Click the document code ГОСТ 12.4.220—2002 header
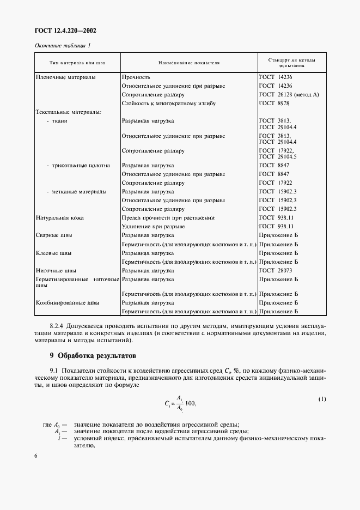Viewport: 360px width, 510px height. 62,31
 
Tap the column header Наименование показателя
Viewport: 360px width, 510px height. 188,63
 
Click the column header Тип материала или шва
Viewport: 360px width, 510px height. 77,63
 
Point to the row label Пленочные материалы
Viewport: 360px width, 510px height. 65,77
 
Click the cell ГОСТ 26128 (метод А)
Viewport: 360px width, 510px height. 289,94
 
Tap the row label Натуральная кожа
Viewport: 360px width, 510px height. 59,217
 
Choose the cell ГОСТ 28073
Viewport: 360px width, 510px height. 276,270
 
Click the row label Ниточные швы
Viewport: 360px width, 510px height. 56,270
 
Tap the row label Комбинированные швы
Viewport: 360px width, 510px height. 67,302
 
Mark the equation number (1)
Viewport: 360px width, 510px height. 322,399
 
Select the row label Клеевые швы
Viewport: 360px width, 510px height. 54,253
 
